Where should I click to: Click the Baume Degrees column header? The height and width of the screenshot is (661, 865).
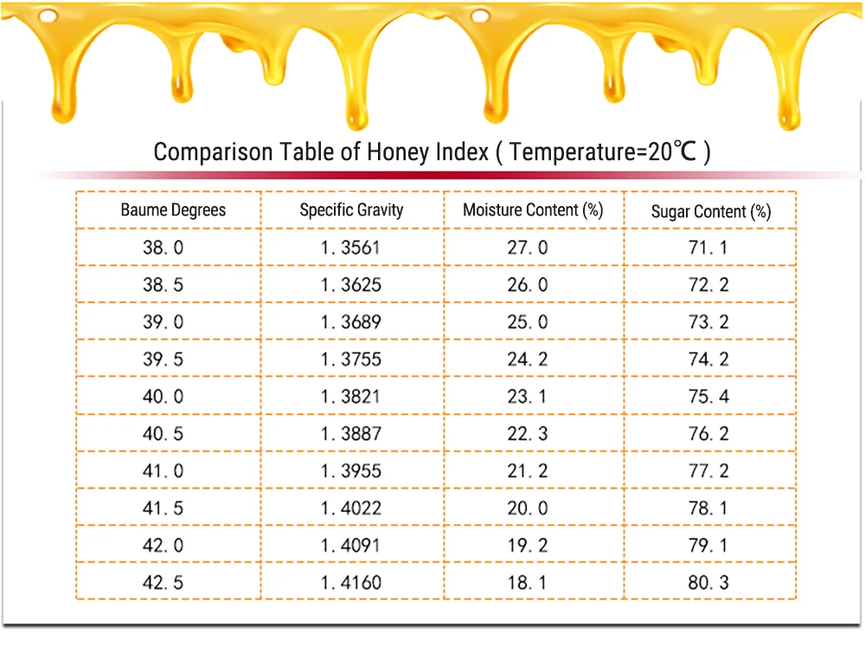[173, 209]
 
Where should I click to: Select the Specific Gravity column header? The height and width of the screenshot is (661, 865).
[351, 209]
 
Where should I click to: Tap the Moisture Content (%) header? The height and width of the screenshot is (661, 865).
[533, 209]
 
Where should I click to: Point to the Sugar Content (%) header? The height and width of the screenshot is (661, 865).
[710, 211]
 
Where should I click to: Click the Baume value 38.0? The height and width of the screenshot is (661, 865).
[163, 247]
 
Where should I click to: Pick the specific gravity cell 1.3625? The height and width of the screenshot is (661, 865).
[350, 285]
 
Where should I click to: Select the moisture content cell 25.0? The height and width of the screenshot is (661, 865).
[528, 322]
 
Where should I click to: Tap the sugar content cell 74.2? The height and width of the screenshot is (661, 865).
[709, 359]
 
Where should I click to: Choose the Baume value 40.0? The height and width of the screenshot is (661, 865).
[163, 396]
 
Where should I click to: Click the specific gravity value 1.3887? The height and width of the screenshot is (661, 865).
[350, 433]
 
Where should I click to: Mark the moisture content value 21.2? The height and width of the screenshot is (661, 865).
[528, 471]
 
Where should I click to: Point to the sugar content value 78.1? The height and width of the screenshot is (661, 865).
[709, 508]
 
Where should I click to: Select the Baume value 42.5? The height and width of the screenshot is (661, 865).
[163, 582]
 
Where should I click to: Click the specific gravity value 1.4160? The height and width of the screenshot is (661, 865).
[350, 582]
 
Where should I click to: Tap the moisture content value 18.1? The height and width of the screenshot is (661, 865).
[528, 582]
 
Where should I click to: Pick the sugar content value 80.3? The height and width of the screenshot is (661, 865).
[709, 582]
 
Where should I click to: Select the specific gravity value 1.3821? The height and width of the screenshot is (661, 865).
[350, 396]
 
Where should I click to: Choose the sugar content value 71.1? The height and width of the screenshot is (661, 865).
[709, 247]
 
